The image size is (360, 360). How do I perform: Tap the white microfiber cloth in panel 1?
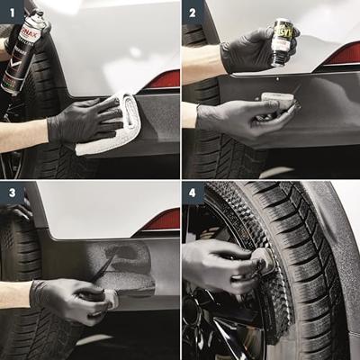[112, 126]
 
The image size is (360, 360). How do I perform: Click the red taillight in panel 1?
[163, 79]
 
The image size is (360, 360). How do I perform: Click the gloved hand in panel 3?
[67, 297]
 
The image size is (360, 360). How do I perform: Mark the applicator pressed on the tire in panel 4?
[264, 263]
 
